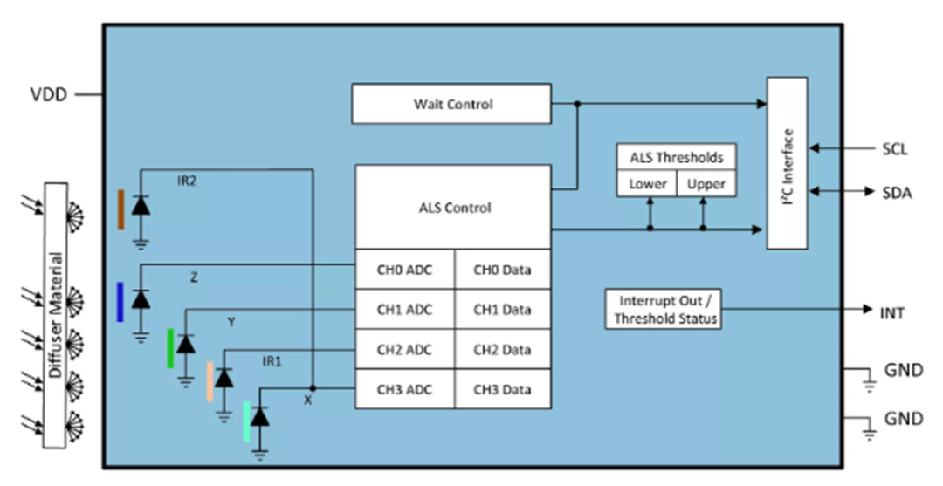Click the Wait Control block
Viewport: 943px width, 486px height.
click(x=451, y=104)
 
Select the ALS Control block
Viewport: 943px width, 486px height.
click(x=452, y=208)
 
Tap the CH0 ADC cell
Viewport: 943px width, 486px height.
click(x=404, y=270)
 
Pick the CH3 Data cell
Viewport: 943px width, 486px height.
click(x=502, y=389)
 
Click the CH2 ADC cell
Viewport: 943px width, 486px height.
click(x=404, y=350)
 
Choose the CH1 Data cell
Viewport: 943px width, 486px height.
click(x=502, y=310)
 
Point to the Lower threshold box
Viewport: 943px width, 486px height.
click(x=647, y=184)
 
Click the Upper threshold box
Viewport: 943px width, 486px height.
click(x=706, y=184)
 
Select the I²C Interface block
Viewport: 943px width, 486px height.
click(x=787, y=163)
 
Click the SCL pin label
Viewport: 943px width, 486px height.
click(x=895, y=149)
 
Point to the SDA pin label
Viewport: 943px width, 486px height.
click(x=897, y=193)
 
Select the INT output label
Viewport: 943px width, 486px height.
click(x=891, y=311)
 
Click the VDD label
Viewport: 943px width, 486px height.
click(x=49, y=93)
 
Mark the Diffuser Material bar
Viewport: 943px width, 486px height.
click(x=55, y=315)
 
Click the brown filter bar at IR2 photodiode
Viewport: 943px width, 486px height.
click(x=121, y=209)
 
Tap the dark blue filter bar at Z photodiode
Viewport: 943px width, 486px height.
click(x=120, y=302)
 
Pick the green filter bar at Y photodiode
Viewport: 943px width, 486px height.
click(x=171, y=348)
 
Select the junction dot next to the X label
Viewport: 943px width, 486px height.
click(x=312, y=388)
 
